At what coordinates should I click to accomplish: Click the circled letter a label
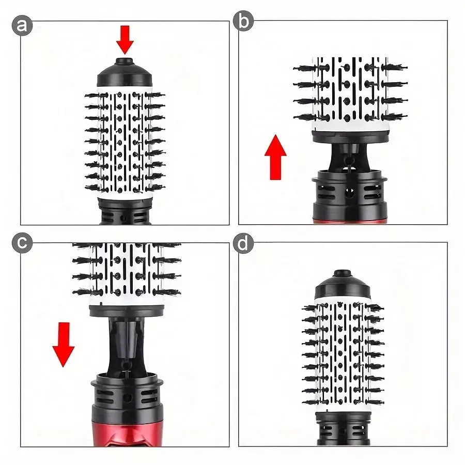(22, 25)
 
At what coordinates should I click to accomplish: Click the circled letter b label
(243, 21)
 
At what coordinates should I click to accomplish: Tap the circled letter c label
(22, 243)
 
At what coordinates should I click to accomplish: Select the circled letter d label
(243, 243)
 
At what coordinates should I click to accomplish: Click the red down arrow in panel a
(125, 40)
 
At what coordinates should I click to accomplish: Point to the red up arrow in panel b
(275, 157)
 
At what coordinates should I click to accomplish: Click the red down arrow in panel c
(64, 345)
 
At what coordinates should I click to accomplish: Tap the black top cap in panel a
(125, 73)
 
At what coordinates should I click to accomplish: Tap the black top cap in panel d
(343, 284)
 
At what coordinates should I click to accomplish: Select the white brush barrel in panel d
(343, 355)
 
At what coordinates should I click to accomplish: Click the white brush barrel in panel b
(350, 95)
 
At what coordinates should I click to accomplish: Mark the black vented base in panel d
(343, 428)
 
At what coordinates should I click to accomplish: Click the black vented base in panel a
(125, 211)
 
